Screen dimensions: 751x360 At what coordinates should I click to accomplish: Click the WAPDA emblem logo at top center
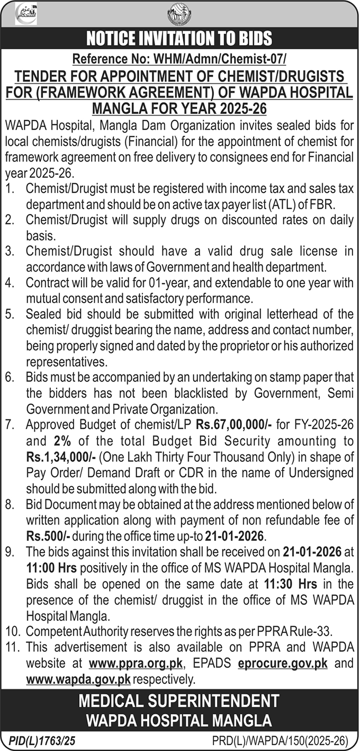(179, 14)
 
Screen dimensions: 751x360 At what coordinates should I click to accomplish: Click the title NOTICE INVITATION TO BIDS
(179, 38)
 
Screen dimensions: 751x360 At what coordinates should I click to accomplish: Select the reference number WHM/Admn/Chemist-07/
(179, 59)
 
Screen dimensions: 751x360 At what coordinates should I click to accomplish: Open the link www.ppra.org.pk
(136, 663)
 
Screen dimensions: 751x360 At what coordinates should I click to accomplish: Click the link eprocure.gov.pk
(283, 663)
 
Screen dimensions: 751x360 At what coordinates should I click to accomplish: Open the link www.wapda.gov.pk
(78, 679)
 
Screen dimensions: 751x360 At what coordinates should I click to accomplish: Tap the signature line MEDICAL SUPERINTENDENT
(179, 702)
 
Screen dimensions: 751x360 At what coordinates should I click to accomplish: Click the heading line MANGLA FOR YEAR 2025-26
(179, 109)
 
